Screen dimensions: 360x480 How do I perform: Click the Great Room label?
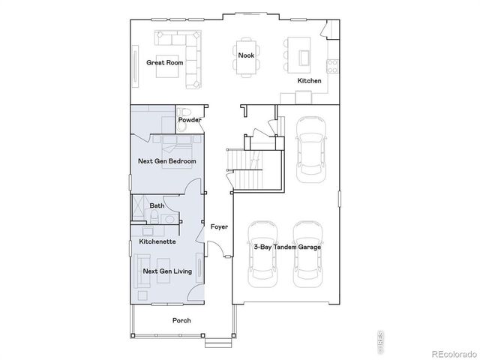pyautogui.click(x=164, y=62)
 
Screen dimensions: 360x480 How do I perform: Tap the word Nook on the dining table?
pyautogui.click(x=246, y=55)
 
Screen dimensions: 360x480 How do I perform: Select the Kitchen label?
pyautogui.click(x=309, y=80)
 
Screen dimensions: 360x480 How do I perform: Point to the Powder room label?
pyautogui.click(x=189, y=120)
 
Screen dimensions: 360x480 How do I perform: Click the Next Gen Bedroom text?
pyautogui.click(x=167, y=161)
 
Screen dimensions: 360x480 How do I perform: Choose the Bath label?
pyautogui.click(x=157, y=205)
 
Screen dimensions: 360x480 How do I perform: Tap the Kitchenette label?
pyautogui.click(x=157, y=241)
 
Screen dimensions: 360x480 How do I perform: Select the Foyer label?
pyautogui.click(x=219, y=226)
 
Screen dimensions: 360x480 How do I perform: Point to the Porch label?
pyautogui.click(x=181, y=320)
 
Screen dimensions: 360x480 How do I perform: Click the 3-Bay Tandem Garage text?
pyautogui.click(x=286, y=247)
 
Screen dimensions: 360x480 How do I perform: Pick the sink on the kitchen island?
pyautogui.click(x=304, y=57)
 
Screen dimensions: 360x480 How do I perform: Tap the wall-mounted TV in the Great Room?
pyautogui.click(x=135, y=62)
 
